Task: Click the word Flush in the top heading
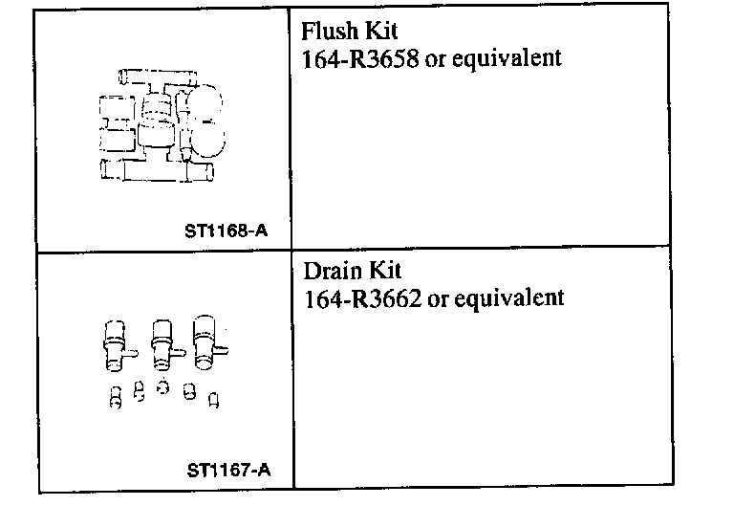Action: [327, 32]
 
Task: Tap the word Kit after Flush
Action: [378, 32]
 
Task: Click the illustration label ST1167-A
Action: [228, 470]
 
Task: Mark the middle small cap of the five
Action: [162, 389]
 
